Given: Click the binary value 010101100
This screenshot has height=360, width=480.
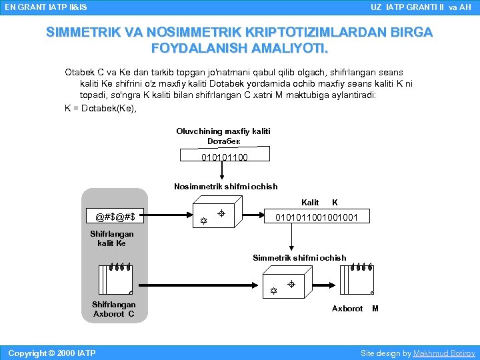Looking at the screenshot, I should tap(224, 157).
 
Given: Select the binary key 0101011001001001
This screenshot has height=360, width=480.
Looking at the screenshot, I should tap(321, 217).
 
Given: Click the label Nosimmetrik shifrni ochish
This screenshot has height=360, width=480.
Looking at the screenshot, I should tap(225, 187).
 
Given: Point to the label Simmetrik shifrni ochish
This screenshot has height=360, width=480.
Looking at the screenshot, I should tap(299, 258).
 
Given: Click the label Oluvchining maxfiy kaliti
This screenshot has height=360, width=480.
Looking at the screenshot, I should tap(223, 131).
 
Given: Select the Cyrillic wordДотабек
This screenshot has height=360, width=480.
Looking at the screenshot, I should tap(223, 141).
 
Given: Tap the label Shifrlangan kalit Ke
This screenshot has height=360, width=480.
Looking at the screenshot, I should tap(111, 239).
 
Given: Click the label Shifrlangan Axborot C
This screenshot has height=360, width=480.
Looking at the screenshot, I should tap(113, 309).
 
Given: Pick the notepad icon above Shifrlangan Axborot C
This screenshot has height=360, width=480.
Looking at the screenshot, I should tap(115, 279).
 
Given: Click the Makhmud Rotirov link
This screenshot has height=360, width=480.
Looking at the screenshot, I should tap(444, 353).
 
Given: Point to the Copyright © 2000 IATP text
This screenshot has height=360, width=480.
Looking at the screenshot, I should tap(51, 353).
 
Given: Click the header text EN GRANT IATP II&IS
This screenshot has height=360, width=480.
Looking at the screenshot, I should tap(45, 7).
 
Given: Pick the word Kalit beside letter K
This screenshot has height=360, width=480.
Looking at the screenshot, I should tap(310, 202).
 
